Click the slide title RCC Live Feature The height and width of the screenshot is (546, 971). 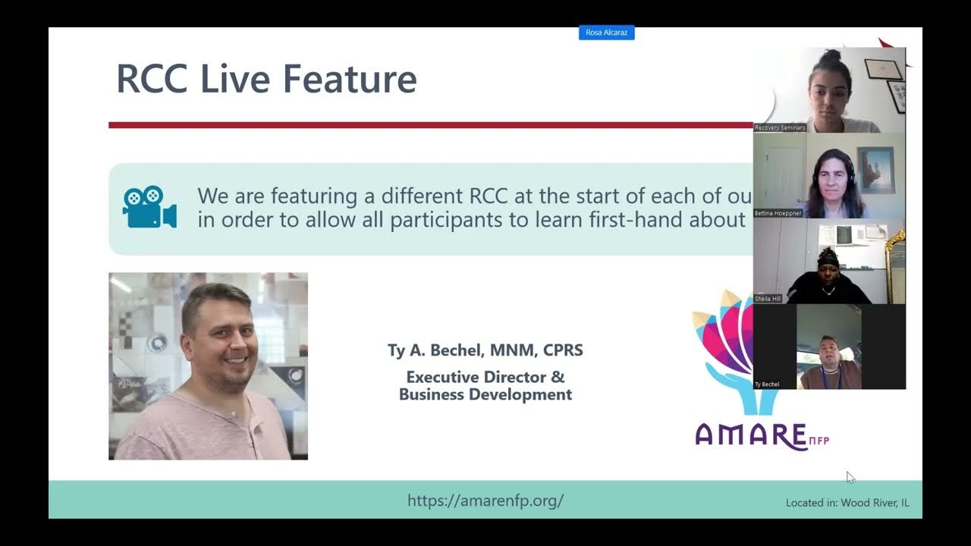tap(266, 80)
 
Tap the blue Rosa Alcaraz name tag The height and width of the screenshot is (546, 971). tap(606, 33)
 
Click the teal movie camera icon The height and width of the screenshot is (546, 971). tap(149, 207)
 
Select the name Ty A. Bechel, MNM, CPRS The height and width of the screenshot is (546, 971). tap(485, 350)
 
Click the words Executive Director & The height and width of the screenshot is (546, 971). tap(485, 377)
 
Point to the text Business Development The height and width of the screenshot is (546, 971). tap(485, 394)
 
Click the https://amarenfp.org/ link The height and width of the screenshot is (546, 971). tap(485, 500)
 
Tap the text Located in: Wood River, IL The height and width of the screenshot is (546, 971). tap(847, 503)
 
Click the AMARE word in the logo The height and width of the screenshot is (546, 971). tap(750, 436)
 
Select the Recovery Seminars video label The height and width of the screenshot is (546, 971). tap(780, 128)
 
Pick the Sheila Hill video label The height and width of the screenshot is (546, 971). tap(768, 300)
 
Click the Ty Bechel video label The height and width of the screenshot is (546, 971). tap(767, 384)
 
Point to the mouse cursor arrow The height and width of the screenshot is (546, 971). tap(850, 476)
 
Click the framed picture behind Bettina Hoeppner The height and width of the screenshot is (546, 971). tap(875, 170)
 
